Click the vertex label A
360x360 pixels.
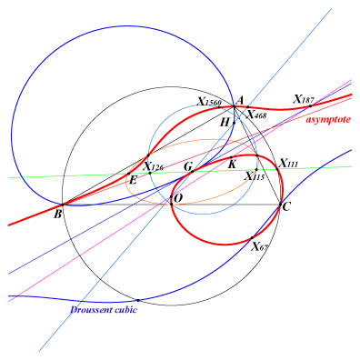point(239,100)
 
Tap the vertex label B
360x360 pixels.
point(57,215)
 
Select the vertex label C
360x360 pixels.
point(286,207)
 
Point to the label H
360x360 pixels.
point(225,123)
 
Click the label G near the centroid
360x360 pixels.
point(188,166)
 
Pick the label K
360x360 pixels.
point(232,165)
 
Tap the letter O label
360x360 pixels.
point(179,198)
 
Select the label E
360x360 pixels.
point(133,181)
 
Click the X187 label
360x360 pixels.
point(304,99)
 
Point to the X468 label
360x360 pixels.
point(257,115)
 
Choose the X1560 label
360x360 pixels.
point(209,102)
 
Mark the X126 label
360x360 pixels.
point(154,166)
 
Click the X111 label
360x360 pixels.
point(288,164)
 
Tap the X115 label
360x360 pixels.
point(255,175)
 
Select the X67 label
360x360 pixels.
point(260,246)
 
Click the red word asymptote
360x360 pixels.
point(328,119)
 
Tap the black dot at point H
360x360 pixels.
point(234,123)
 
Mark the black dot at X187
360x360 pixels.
point(310,106)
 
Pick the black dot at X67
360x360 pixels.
point(252,238)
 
